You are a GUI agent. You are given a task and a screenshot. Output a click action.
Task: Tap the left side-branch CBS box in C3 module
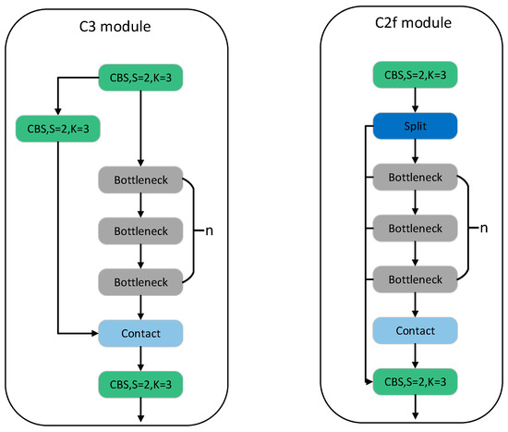coord(57,128)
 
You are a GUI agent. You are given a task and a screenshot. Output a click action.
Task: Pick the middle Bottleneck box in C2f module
coord(414,228)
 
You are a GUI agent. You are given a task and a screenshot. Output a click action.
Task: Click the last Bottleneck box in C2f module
coord(414,277)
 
